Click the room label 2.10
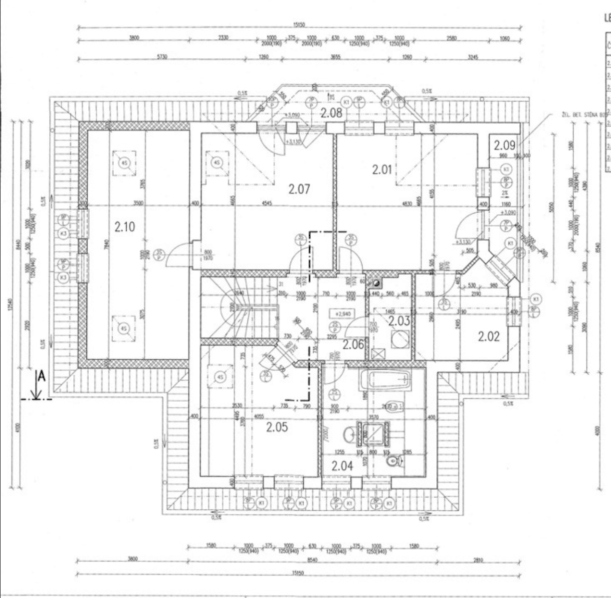click(x=124, y=227)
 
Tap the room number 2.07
click(x=300, y=189)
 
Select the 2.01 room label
click(x=383, y=170)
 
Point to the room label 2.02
click(x=488, y=336)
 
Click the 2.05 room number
click(x=276, y=427)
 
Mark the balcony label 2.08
click(x=331, y=113)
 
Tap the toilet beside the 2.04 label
click(x=396, y=461)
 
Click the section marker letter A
click(x=42, y=377)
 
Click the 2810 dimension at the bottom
click(x=479, y=560)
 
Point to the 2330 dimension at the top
click(x=222, y=38)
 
